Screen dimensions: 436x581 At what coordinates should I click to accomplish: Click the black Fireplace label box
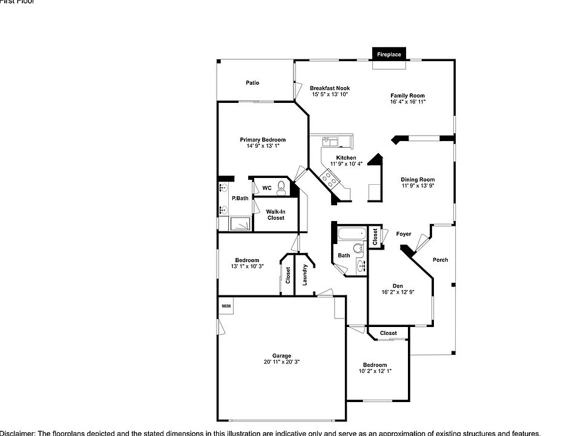(389, 54)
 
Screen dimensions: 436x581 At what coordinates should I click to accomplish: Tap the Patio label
(252, 82)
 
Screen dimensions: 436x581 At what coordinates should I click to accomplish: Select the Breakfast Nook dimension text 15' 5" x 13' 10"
(330, 94)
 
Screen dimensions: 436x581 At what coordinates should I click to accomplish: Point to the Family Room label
(407, 96)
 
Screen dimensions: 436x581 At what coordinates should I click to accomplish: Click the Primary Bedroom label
(262, 140)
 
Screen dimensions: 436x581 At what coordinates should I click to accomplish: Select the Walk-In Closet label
(275, 214)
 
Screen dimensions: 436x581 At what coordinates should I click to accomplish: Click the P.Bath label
(240, 198)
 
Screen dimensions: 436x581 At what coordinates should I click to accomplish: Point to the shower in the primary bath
(240, 223)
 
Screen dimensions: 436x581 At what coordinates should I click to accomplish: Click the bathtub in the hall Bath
(351, 233)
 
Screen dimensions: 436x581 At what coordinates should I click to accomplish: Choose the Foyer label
(404, 234)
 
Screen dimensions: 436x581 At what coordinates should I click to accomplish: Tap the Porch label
(440, 260)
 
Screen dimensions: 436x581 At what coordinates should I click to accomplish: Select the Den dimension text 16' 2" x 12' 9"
(397, 292)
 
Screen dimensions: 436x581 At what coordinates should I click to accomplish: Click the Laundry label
(305, 275)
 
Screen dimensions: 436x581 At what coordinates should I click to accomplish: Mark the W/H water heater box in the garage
(226, 306)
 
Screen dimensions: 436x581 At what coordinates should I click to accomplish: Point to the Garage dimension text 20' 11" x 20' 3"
(281, 362)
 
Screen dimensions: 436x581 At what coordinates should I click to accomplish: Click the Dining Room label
(418, 179)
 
